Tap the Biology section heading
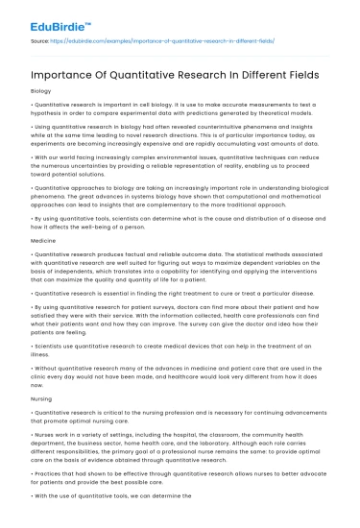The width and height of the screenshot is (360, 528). [x=39, y=90]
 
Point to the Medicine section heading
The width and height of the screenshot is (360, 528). [x=41, y=239]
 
